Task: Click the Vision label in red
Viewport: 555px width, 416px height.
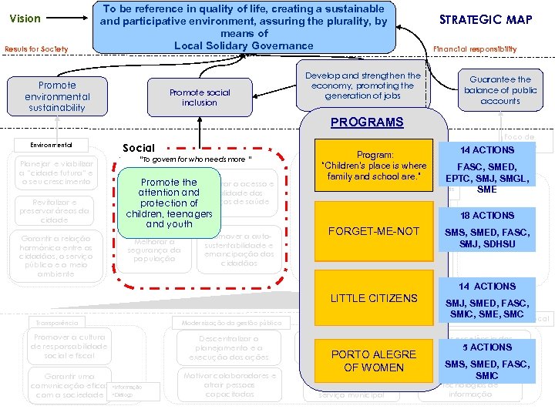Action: tap(25, 18)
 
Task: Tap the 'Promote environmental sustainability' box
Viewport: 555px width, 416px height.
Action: tap(57, 97)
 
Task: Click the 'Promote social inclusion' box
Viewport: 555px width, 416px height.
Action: tap(200, 97)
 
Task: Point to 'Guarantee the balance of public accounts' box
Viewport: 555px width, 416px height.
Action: tap(500, 90)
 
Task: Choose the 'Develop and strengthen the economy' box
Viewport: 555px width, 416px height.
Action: tap(363, 86)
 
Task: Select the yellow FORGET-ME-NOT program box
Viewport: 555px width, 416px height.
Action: tap(374, 231)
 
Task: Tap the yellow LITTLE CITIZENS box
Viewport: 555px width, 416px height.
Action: tap(374, 298)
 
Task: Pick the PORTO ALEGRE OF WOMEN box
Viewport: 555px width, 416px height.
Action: tap(374, 361)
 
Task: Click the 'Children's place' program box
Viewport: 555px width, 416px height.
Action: tap(374, 166)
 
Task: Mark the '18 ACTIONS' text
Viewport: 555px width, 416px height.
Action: tap(486, 216)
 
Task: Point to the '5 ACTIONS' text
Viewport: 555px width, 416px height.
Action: tap(486, 347)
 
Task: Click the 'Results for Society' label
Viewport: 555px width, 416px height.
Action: tap(36, 49)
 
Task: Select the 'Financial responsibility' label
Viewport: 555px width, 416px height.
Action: tap(476, 49)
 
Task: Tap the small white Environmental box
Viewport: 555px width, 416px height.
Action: tap(52, 144)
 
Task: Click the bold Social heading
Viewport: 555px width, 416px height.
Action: tap(139, 148)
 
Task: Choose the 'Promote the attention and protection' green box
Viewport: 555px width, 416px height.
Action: tap(169, 203)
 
